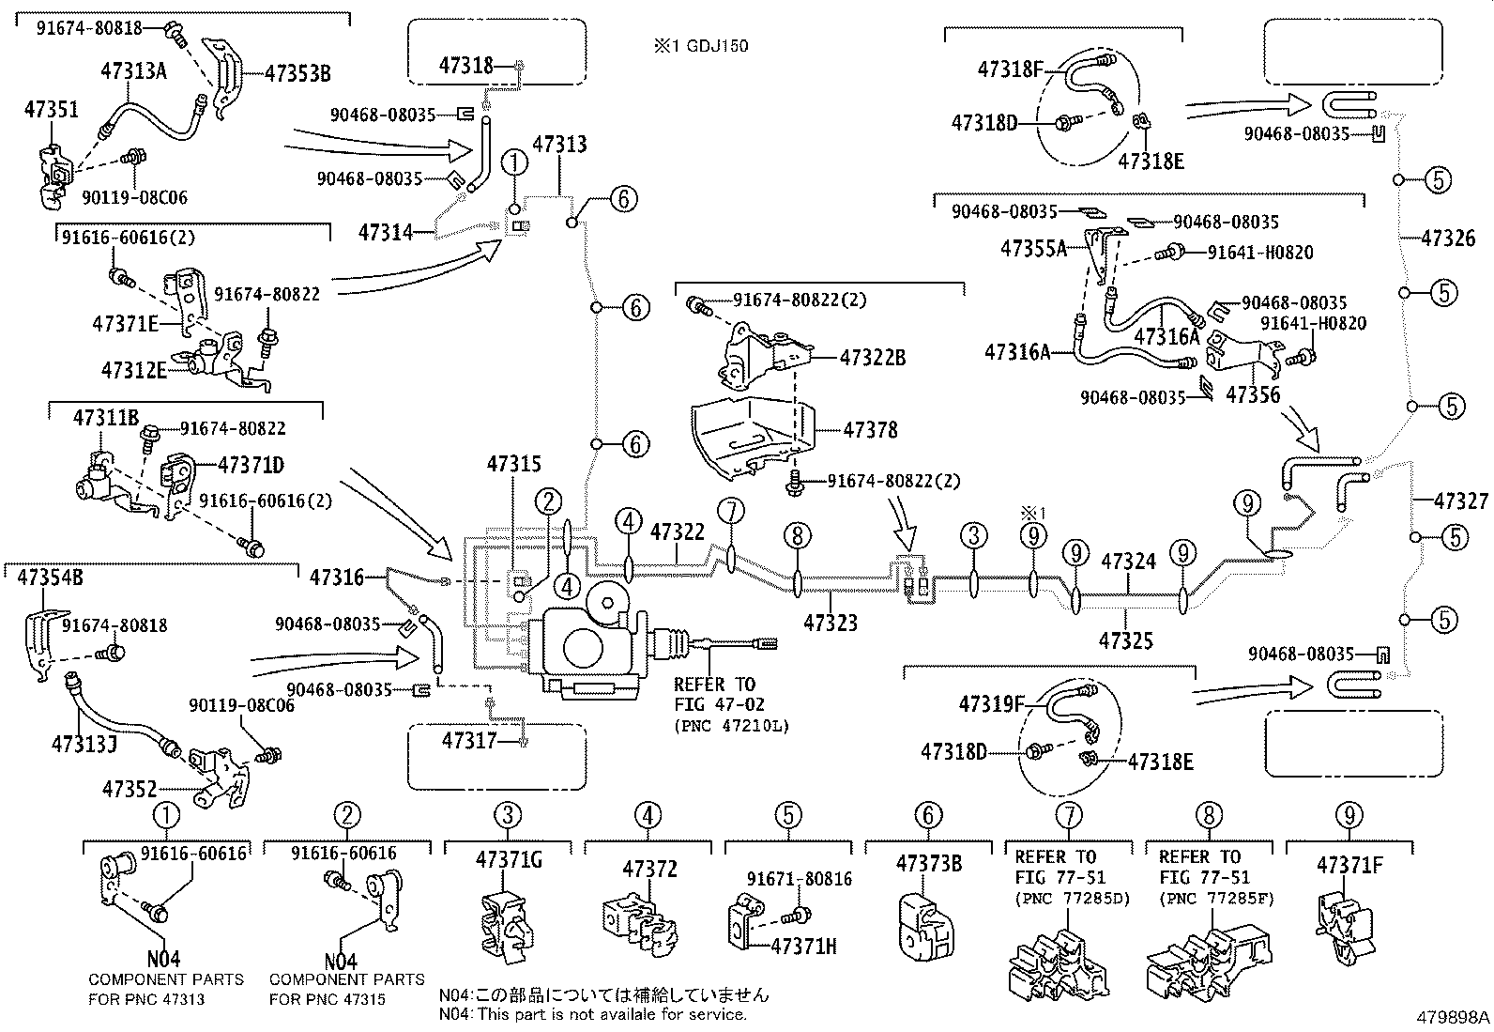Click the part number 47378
click(x=870, y=430)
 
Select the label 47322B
click(x=873, y=358)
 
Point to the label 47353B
click(x=297, y=72)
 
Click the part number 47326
click(x=1455, y=239)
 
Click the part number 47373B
click(x=928, y=863)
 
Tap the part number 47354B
click(x=50, y=577)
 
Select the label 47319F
click(x=992, y=702)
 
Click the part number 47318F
click(x=1010, y=68)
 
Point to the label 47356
click(x=1253, y=395)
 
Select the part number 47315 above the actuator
click(x=513, y=464)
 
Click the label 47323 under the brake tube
click(x=831, y=622)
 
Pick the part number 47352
click(x=130, y=790)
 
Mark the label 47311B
click(x=106, y=416)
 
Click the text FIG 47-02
click(x=714, y=703)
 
